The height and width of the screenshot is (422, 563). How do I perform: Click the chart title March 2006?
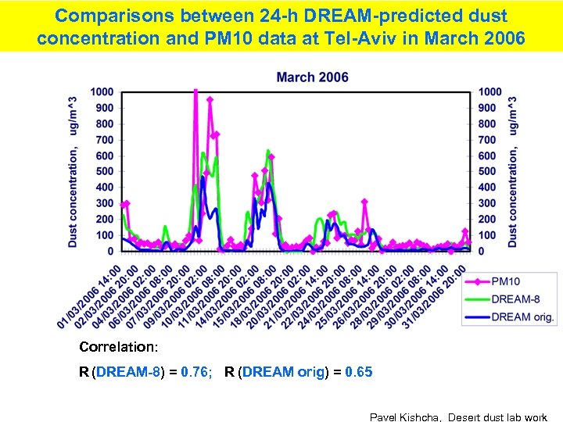pos(313,77)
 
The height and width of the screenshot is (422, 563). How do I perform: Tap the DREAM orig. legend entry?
pos(522,316)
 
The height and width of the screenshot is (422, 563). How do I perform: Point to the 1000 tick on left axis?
pos(102,92)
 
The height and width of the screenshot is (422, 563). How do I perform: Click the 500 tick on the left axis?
pos(104,172)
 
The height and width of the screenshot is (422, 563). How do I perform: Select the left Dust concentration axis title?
pos(73,172)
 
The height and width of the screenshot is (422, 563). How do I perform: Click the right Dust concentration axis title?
pos(513,172)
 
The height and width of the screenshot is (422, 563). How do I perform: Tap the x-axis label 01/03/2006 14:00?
pos(90,297)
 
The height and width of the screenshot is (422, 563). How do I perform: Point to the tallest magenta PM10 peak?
pos(195,92)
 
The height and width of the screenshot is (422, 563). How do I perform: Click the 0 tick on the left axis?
pos(110,252)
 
